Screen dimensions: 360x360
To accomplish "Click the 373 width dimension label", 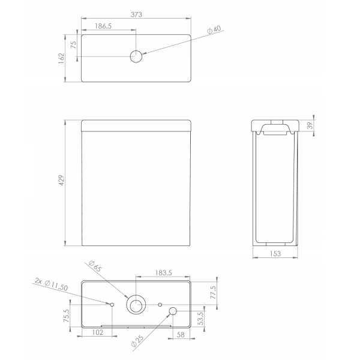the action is pyautogui.click(x=136, y=14).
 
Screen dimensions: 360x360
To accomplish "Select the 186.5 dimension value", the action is pyautogui.click(x=103, y=26).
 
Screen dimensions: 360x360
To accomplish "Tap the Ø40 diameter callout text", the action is pyautogui.click(x=214, y=30).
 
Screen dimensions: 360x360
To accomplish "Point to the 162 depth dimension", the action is pyautogui.click(x=61, y=58).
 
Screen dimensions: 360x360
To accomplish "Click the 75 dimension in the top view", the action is pyautogui.click(x=73, y=45).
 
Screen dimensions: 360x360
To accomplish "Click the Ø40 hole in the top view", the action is pyautogui.click(x=136, y=56).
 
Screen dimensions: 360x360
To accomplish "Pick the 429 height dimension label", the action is pyautogui.click(x=61, y=181).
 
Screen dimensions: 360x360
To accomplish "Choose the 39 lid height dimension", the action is pyautogui.click(x=310, y=125).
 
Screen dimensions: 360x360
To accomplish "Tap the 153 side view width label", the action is pyautogui.click(x=275, y=253).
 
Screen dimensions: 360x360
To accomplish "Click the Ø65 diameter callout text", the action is pyautogui.click(x=95, y=266).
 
